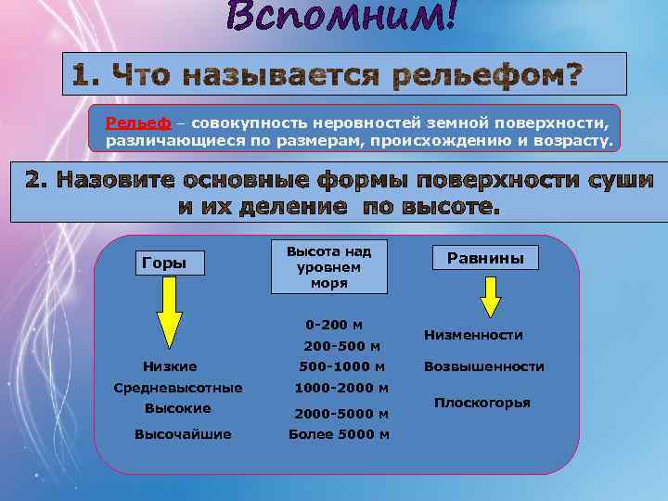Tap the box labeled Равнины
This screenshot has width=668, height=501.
[485, 258]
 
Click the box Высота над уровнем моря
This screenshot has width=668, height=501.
[328, 267]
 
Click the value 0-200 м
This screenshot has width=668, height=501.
[334, 325]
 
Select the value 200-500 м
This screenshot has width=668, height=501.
[341, 346]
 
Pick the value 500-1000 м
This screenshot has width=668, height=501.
[341, 366]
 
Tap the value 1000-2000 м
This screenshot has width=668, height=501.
[341, 388]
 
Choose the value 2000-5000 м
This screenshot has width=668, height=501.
[341, 413]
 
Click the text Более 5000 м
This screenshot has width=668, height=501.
[339, 434]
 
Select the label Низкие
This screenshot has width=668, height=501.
[170, 366]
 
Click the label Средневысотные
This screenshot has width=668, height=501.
[177, 388]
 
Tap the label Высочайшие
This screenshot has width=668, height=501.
[183, 434]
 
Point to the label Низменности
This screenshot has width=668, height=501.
[473, 335]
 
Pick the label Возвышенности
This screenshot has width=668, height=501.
[483, 366]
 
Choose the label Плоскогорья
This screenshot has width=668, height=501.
[482, 403]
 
